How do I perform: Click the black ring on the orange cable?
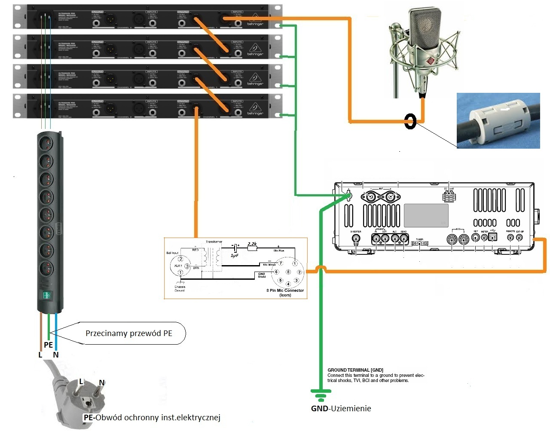(410, 122)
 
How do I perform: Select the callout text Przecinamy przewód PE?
(129, 333)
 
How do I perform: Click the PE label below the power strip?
(48, 345)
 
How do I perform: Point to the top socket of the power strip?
(47, 142)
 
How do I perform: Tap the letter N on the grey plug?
(101, 382)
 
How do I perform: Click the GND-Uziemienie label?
(341, 408)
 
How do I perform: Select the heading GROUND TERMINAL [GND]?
(355, 370)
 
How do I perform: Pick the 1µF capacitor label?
(234, 255)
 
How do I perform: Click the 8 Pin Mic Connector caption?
(285, 291)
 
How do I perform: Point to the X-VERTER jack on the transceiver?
(356, 240)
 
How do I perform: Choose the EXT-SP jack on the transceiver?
(519, 237)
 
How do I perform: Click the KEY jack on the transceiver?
(476, 237)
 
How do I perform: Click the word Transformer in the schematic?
(214, 242)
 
